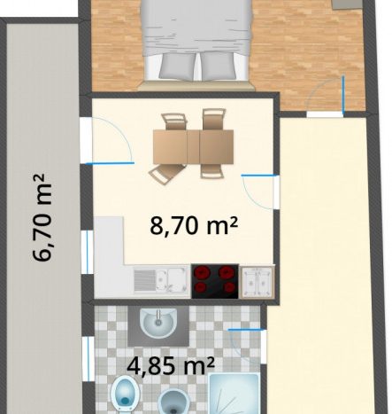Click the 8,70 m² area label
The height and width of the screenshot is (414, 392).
coord(194,225)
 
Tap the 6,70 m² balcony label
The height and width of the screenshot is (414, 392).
coord(42,217)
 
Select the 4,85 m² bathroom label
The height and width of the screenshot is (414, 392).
coord(171,366)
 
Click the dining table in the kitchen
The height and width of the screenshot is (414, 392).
coord(194,147)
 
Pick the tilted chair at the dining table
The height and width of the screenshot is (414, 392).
coord(166,174)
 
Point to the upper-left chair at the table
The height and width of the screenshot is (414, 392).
coord(174,121)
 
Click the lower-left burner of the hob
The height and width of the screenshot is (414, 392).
coord(201,287)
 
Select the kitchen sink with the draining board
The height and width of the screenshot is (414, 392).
coord(161,280)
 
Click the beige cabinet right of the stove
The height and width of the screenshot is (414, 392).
coord(257,281)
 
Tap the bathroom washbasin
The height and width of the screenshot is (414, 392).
coord(158,324)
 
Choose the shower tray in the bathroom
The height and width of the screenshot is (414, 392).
coord(234,394)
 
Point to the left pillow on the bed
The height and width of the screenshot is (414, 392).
coord(177,66)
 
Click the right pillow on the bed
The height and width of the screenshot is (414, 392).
coord(219,66)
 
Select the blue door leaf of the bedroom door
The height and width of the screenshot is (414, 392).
coord(343,95)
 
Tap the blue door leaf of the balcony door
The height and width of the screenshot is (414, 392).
coord(110,163)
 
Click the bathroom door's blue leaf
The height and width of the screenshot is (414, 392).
coord(246,330)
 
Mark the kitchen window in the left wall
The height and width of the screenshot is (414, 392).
coord(87,252)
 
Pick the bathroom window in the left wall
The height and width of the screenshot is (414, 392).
coord(88,359)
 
